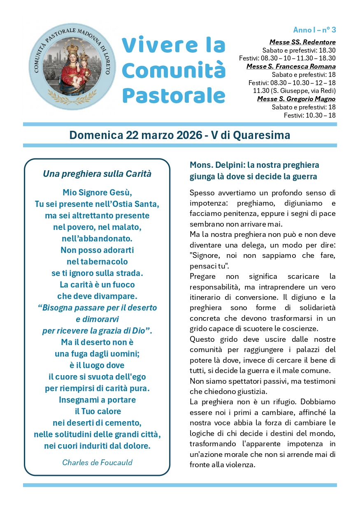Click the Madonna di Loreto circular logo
72,67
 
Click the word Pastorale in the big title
174,95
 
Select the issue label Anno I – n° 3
314,30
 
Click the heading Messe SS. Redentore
302,42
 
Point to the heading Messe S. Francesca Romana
291,67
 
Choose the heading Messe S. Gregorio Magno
296,99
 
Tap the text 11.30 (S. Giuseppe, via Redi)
294,91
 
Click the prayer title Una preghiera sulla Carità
97,174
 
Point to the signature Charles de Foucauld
97,462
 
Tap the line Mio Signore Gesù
97,192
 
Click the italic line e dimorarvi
97,319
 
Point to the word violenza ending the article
241,465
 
